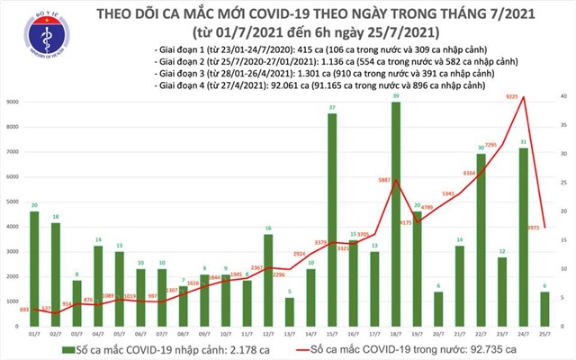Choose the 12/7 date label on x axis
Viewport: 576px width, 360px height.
[x=267, y=334]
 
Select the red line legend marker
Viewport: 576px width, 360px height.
[x=306, y=348]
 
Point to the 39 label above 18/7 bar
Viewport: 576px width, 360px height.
[x=397, y=95]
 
